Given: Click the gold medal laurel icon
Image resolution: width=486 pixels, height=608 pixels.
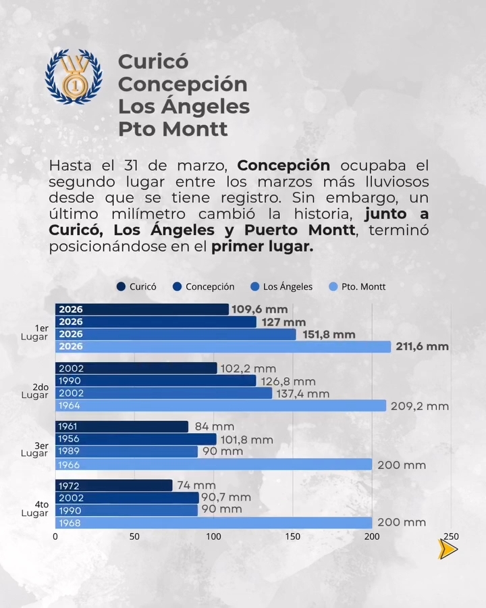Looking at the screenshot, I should point(74,76).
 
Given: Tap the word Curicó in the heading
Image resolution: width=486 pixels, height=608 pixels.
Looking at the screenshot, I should point(153,61).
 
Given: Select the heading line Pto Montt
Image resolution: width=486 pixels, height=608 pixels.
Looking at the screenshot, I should point(173,128).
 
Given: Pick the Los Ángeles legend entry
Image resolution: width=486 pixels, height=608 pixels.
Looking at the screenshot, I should point(281,286).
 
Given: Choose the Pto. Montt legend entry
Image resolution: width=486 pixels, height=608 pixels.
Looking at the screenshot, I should point(357,286).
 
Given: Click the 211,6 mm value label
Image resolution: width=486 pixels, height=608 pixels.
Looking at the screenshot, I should point(422,347).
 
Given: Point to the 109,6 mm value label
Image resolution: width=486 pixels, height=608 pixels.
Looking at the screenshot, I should point(260,309).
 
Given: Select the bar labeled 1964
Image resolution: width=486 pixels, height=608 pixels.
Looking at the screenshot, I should point(221,406).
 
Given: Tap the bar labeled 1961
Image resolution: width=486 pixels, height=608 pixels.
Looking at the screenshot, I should point(122,427).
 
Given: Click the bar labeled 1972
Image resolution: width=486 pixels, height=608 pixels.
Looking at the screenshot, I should point(113,486).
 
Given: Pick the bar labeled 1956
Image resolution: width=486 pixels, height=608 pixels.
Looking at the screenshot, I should point(136,439).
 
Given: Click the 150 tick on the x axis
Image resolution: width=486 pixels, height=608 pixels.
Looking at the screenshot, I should point(292,537).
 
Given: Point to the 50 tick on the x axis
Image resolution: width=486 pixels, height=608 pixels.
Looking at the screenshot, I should point(134,537).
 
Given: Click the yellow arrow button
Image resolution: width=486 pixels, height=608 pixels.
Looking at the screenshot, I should point(448,549).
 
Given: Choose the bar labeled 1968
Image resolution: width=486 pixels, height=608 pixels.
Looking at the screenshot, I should point(213,523).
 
